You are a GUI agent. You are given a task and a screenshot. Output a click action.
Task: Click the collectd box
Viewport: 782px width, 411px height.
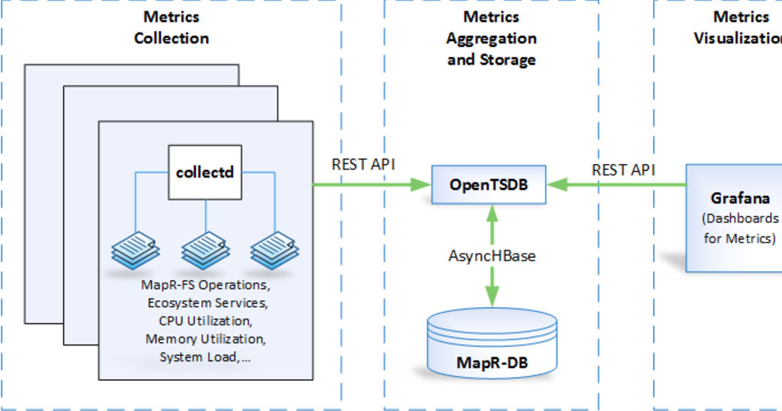tap(205, 172)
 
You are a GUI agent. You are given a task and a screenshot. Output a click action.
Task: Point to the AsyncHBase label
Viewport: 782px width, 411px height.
tap(493, 256)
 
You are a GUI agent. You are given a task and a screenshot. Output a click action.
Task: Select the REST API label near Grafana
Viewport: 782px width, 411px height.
tap(623, 170)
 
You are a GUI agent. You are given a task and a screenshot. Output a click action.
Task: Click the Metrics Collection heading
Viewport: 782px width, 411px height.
tap(171, 27)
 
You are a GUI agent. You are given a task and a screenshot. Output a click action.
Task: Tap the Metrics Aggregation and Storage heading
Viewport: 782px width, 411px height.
tap(491, 38)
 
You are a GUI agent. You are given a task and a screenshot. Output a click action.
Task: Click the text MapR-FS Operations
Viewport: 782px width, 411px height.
tap(205, 286)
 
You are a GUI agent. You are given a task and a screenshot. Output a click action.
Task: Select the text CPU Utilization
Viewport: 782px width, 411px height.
tap(205, 321)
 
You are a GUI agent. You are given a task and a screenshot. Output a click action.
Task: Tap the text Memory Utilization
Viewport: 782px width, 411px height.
tap(205, 339)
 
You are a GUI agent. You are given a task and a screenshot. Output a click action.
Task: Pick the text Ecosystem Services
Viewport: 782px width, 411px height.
tap(205, 303)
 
